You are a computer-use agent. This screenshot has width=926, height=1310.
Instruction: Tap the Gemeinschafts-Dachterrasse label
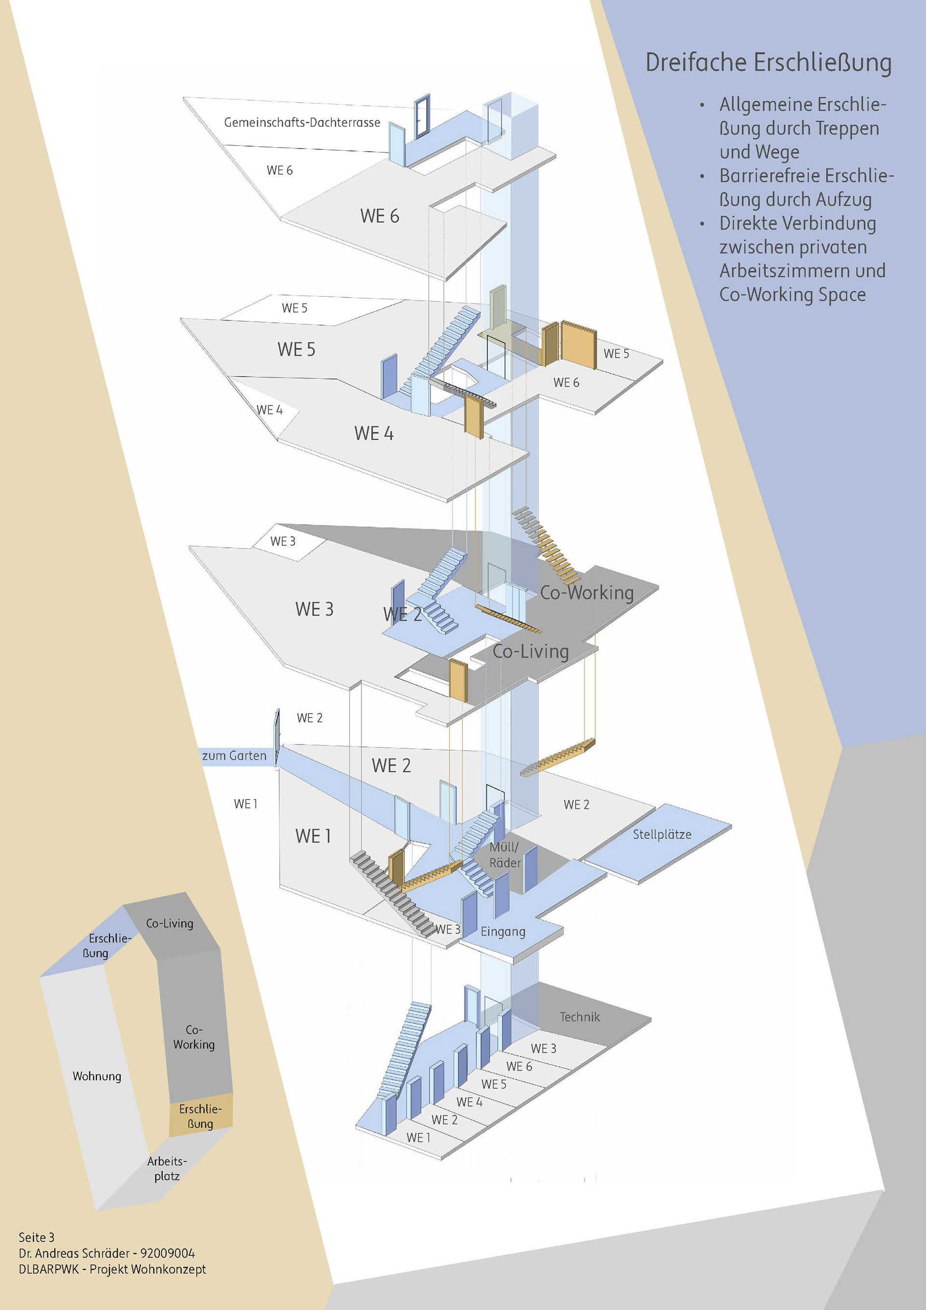click(301, 122)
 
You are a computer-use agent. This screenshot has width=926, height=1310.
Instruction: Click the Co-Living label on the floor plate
click(531, 651)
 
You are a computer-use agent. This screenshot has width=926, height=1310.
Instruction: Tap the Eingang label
click(503, 931)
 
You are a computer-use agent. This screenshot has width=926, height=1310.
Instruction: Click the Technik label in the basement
click(579, 1017)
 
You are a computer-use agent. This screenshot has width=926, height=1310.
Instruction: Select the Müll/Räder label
click(504, 855)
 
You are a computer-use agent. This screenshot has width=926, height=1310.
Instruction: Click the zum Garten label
click(234, 756)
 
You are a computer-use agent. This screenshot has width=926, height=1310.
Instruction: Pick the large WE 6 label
click(379, 216)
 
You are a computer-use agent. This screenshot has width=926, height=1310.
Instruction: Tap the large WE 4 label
click(373, 433)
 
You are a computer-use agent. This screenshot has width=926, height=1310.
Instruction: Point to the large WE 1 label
click(313, 836)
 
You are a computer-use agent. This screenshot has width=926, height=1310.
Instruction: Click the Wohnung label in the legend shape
click(97, 1076)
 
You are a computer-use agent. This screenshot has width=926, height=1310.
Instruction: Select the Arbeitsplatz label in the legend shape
click(166, 1168)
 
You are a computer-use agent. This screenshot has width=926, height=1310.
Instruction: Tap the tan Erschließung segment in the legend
click(200, 1117)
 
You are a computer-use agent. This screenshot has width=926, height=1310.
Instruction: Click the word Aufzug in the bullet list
click(844, 199)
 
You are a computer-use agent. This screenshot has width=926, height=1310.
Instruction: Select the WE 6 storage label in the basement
click(519, 1066)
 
